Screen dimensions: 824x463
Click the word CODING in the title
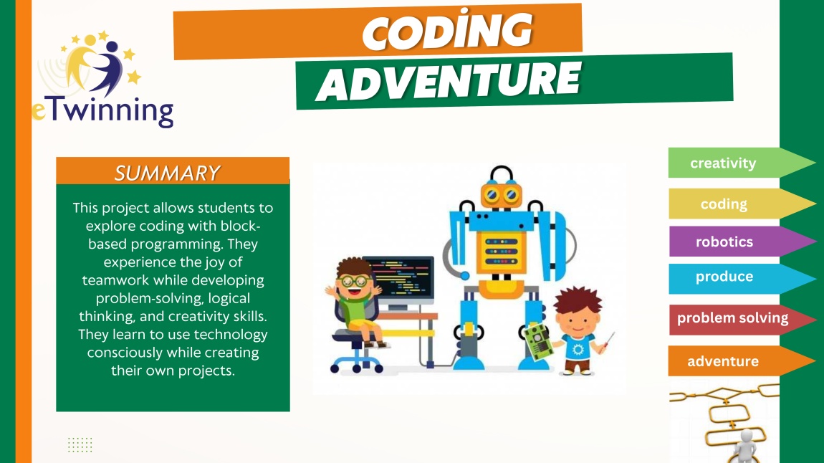click(448, 31)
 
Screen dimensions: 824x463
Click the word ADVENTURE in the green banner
click(449, 81)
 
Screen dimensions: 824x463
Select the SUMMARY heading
click(167, 173)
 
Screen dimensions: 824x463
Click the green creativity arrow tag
click(741, 163)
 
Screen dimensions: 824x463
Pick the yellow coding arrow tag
click(741, 204)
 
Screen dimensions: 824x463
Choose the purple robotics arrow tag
click(741, 242)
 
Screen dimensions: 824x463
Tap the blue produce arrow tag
click(741, 277)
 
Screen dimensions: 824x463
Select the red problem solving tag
click(741, 318)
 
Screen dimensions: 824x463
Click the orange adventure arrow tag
click(741, 361)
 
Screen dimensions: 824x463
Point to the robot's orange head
click(502, 195)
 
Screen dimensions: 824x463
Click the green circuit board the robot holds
click(537, 342)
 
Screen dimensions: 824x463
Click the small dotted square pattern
click(80, 444)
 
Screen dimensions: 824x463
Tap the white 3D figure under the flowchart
click(745, 447)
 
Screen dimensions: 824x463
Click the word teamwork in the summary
click(115, 280)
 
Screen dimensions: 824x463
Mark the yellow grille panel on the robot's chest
click(502, 252)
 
